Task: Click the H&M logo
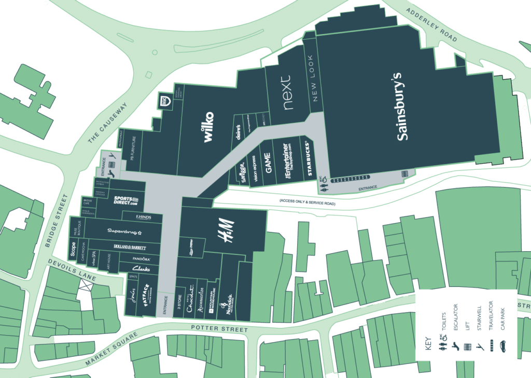point(225,231)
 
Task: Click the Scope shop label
point(73,249)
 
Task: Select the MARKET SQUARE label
point(109,352)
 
